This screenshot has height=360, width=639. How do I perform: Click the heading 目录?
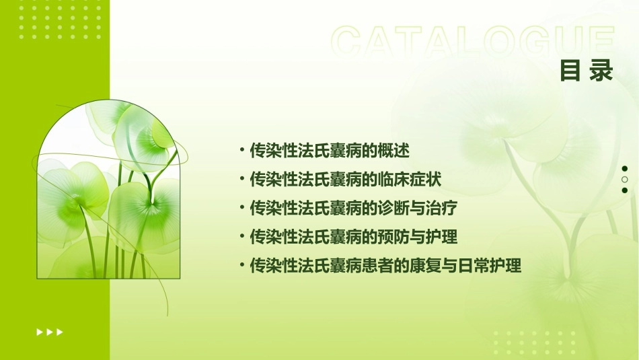(587, 71)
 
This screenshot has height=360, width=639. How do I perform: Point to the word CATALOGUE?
(473, 42)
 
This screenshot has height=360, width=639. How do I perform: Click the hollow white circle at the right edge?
(625, 180)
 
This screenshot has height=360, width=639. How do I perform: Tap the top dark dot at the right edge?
(625, 169)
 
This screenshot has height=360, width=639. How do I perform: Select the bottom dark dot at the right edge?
(625, 190)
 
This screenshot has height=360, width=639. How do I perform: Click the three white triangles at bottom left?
(50, 332)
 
